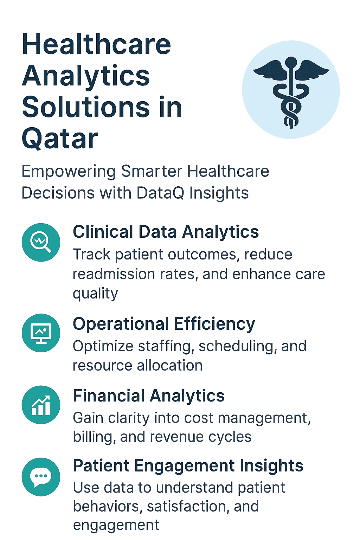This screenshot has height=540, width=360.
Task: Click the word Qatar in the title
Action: pyautogui.click(x=60, y=139)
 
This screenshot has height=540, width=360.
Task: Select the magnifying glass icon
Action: pyautogui.click(x=41, y=242)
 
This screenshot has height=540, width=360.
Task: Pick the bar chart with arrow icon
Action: pyautogui.click(x=41, y=405)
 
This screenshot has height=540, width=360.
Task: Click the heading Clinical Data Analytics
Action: pyautogui.click(x=166, y=232)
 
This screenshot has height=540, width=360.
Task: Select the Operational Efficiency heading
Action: pyautogui.click(x=164, y=324)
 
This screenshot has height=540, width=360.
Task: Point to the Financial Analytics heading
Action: pyautogui.click(x=148, y=396)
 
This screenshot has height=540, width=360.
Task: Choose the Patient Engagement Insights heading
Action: pyautogui.click(x=188, y=466)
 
